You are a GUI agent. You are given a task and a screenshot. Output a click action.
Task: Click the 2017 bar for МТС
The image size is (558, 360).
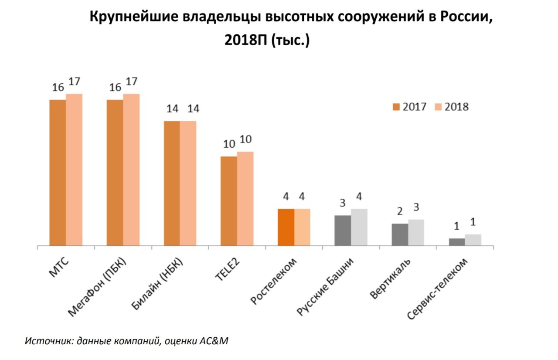(x=58, y=173)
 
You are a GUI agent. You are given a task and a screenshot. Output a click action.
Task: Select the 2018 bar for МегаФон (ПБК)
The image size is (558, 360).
(x=131, y=170)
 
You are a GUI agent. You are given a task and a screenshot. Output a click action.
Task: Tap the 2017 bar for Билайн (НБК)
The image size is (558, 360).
(x=171, y=183)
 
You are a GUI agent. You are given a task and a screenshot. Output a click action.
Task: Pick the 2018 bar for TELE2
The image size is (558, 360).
(x=245, y=199)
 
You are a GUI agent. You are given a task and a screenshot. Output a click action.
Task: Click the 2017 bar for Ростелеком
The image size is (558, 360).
(x=286, y=228)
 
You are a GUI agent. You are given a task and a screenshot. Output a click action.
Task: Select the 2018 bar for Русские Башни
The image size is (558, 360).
(x=359, y=228)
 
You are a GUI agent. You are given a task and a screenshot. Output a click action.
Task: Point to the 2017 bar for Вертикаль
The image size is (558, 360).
(x=400, y=235)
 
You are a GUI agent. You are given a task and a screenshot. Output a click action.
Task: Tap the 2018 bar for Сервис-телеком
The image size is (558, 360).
(x=473, y=240)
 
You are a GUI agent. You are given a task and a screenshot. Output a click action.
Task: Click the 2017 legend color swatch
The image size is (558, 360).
(x=396, y=107)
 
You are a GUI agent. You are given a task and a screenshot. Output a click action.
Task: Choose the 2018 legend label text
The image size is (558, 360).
(x=457, y=107)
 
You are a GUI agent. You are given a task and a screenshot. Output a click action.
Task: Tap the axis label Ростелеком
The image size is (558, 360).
(x=275, y=280)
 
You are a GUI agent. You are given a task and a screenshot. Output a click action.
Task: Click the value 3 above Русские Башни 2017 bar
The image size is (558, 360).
(x=343, y=203)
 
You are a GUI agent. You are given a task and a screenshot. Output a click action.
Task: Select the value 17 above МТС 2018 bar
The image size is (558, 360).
(x=75, y=82)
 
